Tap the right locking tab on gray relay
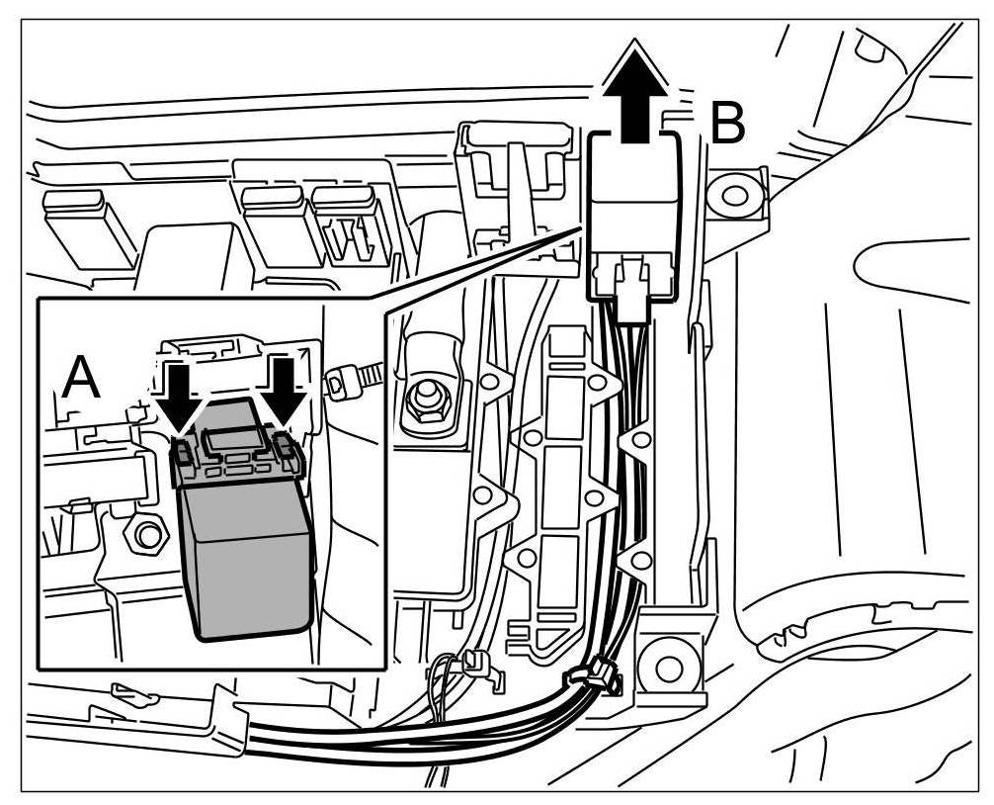[286, 450]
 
